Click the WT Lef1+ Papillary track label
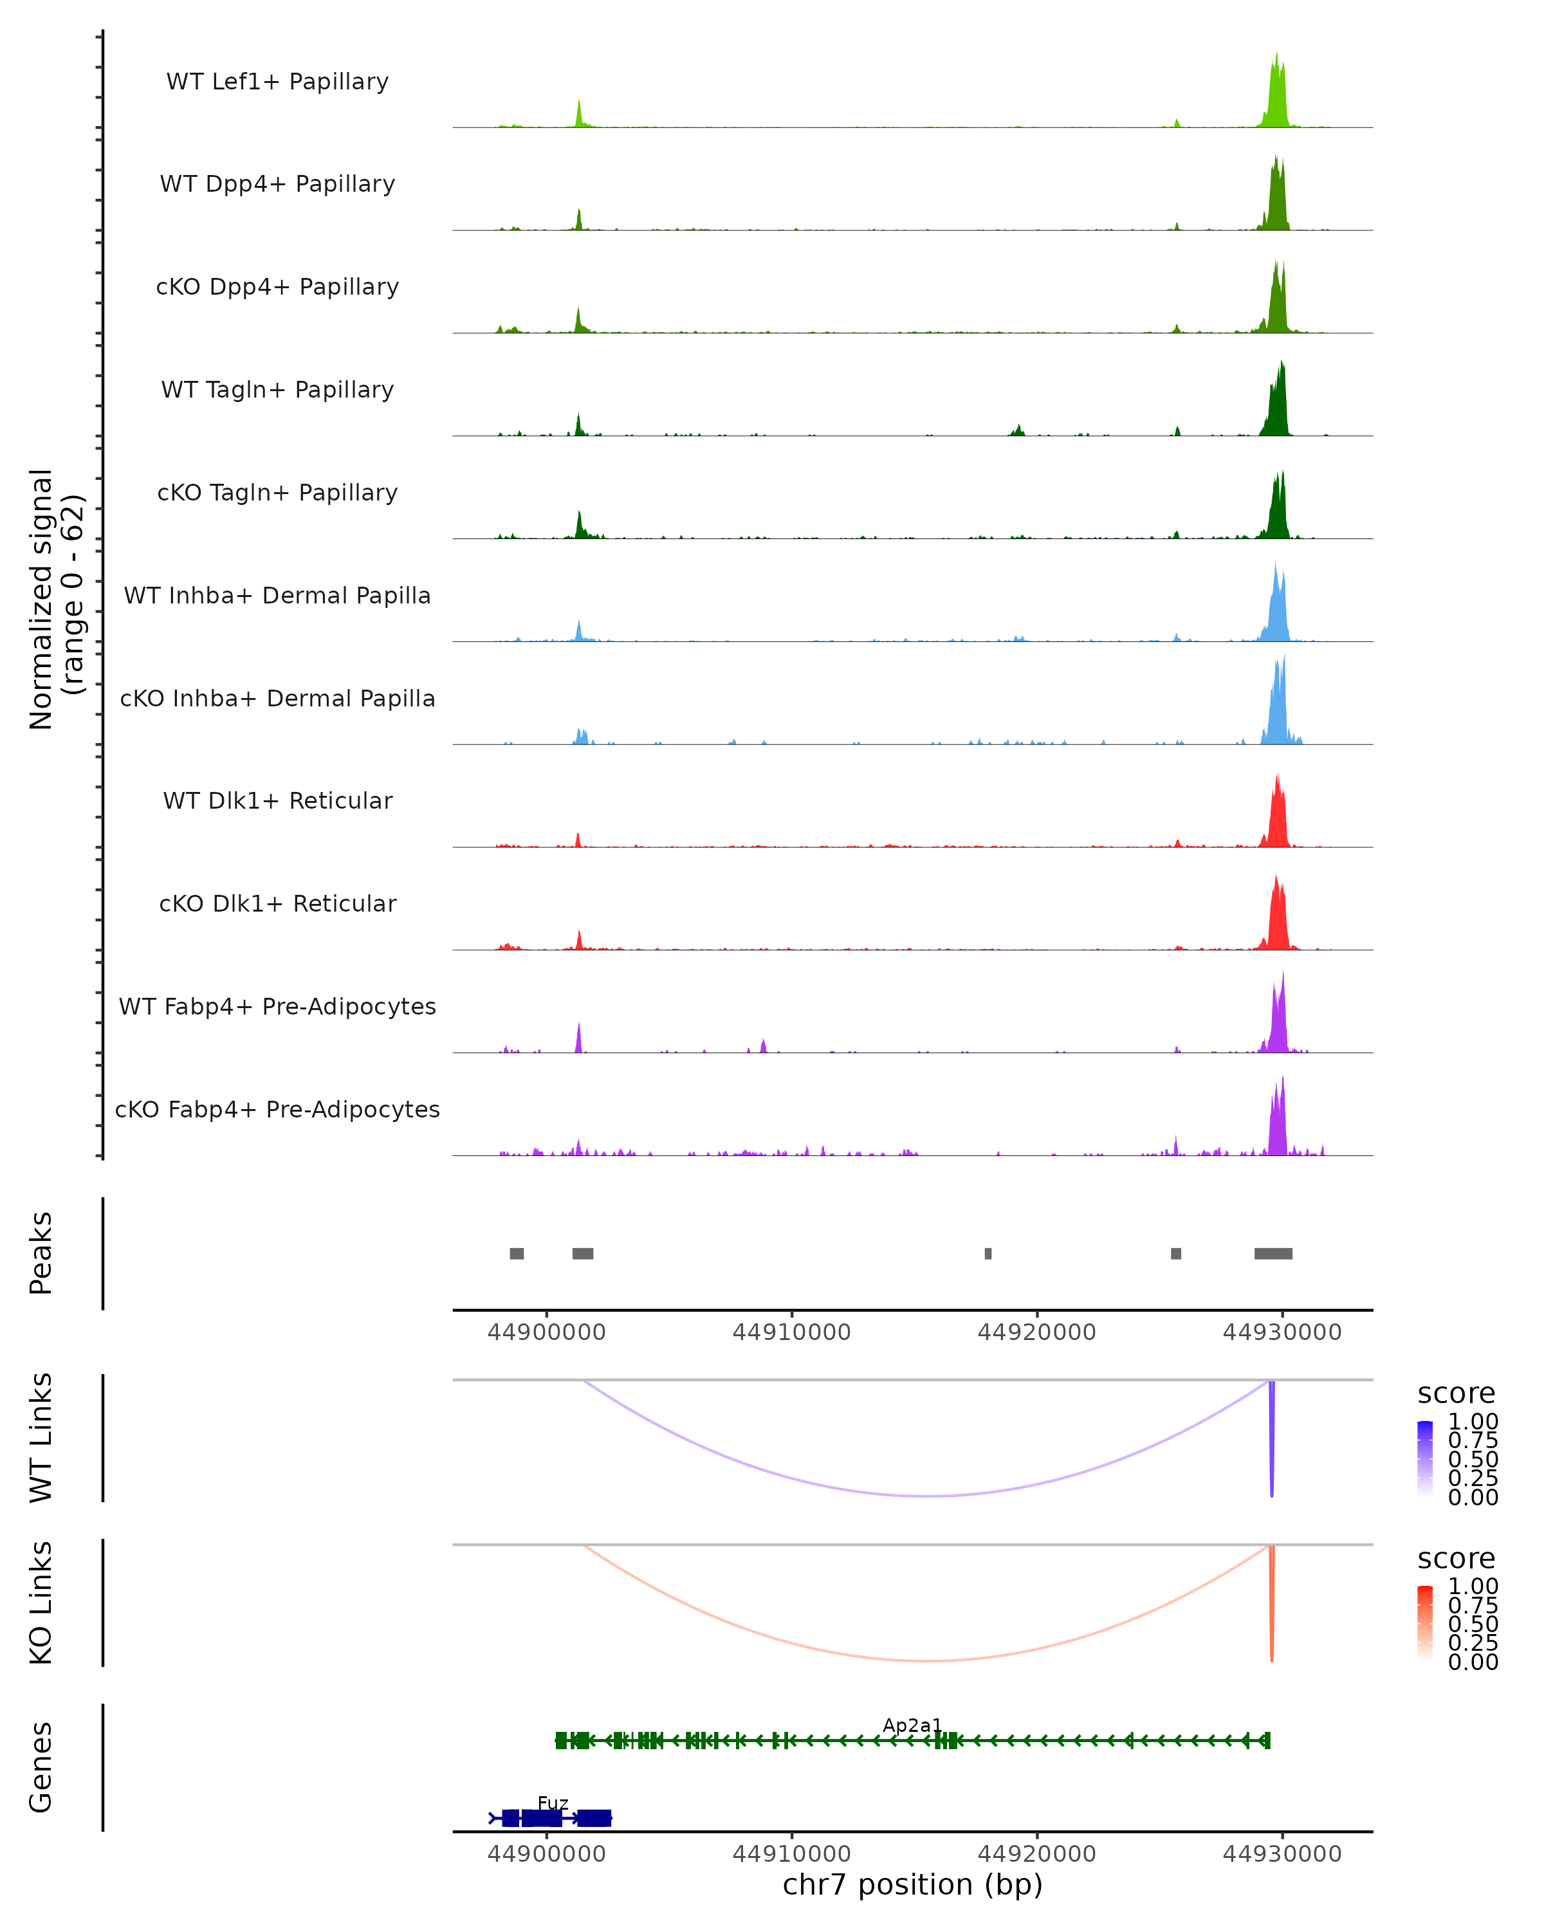(x=277, y=82)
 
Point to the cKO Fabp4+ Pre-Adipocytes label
(x=277, y=1109)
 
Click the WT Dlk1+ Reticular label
(x=277, y=800)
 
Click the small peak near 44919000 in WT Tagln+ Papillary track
(x=1018, y=430)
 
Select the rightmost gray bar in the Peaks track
(x=1273, y=1253)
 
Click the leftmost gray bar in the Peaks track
(x=517, y=1253)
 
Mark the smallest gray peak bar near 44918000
(x=988, y=1253)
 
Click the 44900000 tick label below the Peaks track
(x=546, y=1332)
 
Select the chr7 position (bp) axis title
(x=912, y=1884)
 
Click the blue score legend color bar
(x=1425, y=1458)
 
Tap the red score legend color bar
(x=1425, y=1623)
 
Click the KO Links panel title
(x=41, y=1603)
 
